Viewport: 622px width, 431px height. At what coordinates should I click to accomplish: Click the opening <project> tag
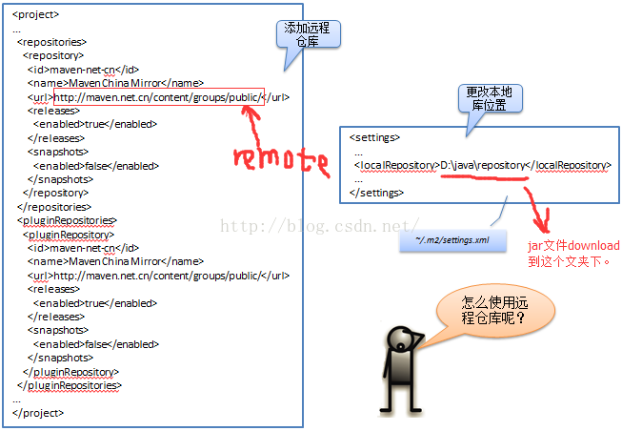pos(35,14)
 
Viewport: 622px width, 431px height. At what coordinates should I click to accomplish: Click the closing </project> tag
pos(38,413)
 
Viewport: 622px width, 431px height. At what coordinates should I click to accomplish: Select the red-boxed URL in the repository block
pos(158,96)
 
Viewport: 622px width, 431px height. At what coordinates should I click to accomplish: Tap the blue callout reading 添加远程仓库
pos(306,36)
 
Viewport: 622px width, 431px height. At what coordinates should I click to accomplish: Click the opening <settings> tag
pos(374,137)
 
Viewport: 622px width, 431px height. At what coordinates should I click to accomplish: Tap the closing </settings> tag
pos(377,193)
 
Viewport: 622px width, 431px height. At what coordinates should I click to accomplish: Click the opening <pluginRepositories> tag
pos(67,220)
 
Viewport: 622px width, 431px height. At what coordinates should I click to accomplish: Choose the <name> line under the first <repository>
pos(115,83)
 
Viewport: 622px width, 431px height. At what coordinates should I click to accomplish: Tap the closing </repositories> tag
pos(54,206)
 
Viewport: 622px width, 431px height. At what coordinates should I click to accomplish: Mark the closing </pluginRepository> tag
pos(71,372)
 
